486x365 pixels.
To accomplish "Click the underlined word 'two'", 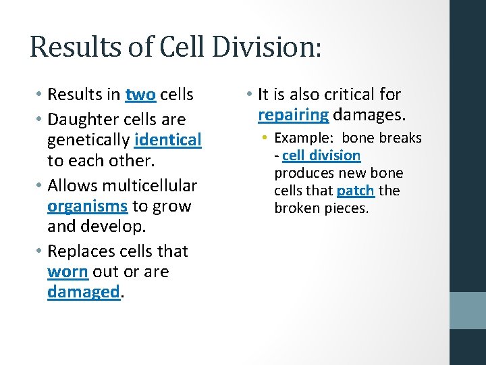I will pyautogui.click(x=140, y=95).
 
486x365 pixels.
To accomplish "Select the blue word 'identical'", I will pyautogui.click(x=168, y=140).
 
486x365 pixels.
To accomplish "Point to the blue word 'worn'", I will pyautogui.click(x=67, y=272).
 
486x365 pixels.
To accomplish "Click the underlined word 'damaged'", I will pyautogui.click(x=83, y=292).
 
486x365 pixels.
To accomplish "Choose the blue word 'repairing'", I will pyautogui.click(x=293, y=114).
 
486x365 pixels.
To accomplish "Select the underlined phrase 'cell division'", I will pyautogui.click(x=321, y=155).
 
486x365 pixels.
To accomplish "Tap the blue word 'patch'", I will pyautogui.click(x=355, y=191).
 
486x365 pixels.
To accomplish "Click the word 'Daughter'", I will pyautogui.click(x=90, y=120).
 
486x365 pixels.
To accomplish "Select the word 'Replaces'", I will pyautogui.click(x=87, y=251).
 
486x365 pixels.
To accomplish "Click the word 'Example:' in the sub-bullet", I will pyautogui.click(x=304, y=138).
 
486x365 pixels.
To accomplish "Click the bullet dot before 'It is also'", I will pyautogui.click(x=250, y=95).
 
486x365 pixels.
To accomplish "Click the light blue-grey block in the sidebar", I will pyautogui.click(x=468, y=310).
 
